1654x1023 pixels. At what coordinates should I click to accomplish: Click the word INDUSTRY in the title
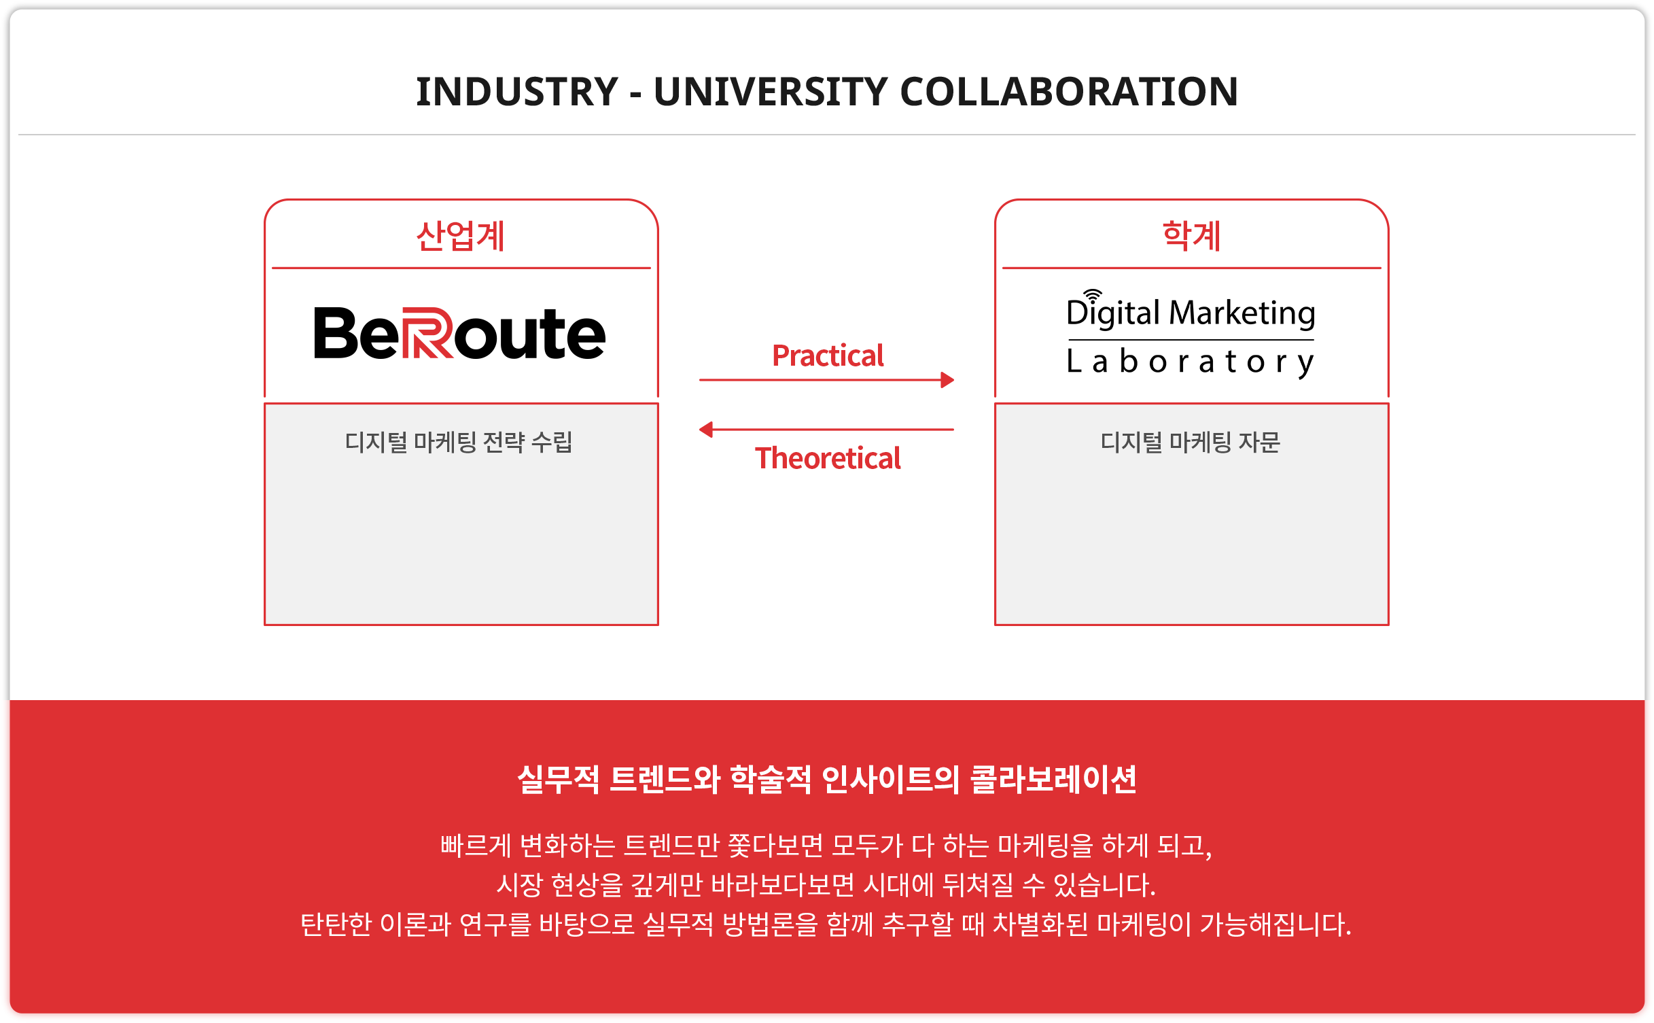[x=517, y=92]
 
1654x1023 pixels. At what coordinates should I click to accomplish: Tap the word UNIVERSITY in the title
[x=771, y=92]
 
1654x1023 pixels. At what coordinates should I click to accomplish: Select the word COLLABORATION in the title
[x=1069, y=92]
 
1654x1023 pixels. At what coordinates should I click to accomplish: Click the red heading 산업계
[x=461, y=236]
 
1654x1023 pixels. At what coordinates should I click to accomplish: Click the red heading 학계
[x=1191, y=236]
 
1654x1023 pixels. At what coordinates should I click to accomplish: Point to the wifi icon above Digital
[x=1092, y=294]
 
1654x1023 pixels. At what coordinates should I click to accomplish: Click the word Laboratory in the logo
[x=1191, y=362]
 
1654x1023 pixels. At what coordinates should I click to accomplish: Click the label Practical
[x=828, y=356]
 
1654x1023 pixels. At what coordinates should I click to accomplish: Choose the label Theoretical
[x=828, y=458]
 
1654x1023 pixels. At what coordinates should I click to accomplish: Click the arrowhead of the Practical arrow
[x=947, y=380]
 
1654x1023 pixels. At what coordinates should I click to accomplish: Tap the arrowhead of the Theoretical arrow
[x=706, y=430]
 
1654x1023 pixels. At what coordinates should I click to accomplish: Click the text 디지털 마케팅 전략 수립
[x=459, y=442]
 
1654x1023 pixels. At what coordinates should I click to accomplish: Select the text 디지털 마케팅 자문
[x=1191, y=442]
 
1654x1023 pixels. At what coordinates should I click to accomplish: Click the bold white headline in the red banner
[x=827, y=779]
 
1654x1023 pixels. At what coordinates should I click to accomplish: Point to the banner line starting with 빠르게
[x=826, y=846]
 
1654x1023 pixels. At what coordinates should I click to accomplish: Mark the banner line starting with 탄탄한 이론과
[x=826, y=924]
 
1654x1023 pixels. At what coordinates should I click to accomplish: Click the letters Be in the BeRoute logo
[x=356, y=333]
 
